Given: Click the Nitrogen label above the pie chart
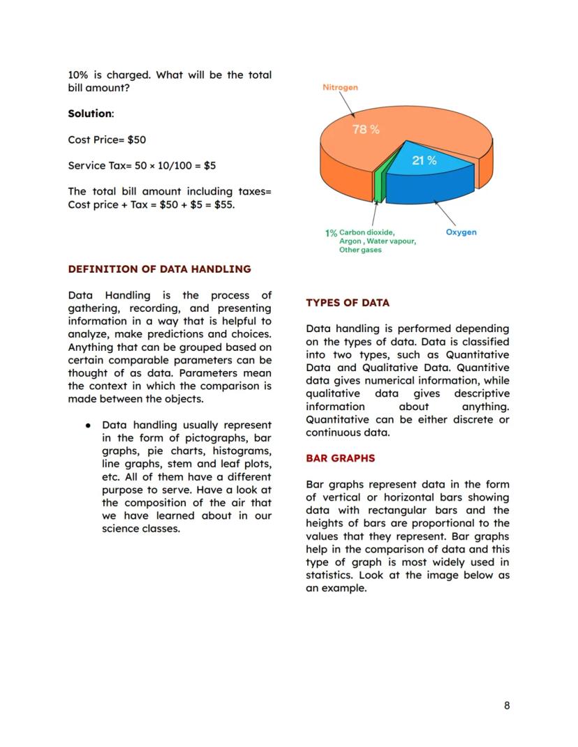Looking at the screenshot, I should pyautogui.click(x=340, y=87).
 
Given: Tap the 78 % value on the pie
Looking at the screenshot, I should pyautogui.click(x=366, y=129).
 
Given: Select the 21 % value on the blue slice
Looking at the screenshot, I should pyautogui.click(x=424, y=160).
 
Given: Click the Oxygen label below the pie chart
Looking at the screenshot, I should pyautogui.click(x=461, y=232).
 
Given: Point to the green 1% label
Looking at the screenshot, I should pyautogui.click(x=331, y=233).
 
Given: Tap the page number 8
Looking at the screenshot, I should pyautogui.click(x=507, y=705).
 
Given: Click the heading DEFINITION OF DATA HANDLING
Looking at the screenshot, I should pyautogui.click(x=159, y=269).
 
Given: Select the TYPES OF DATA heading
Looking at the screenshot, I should pyautogui.click(x=348, y=303).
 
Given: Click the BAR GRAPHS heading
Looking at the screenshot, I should pyautogui.click(x=340, y=458).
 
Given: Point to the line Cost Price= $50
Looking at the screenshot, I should pyautogui.click(x=107, y=139).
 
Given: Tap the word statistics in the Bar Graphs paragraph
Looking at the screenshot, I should pyautogui.click(x=331, y=575).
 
